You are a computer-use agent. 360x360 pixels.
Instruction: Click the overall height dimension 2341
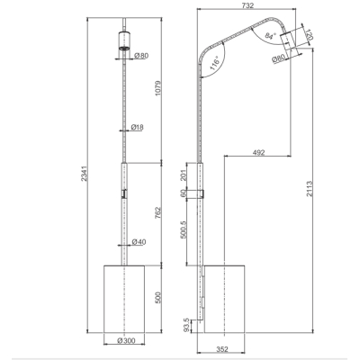(85, 174)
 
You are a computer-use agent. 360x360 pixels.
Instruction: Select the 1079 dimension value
(159, 88)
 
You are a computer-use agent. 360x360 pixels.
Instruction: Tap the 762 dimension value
(159, 212)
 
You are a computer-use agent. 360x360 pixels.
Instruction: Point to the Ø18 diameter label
(138, 127)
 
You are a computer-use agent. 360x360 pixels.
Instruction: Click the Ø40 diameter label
(139, 242)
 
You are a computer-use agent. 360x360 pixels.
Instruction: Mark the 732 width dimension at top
(247, 5)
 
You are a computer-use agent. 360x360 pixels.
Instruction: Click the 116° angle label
(215, 63)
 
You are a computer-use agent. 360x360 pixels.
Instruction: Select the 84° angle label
(270, 36)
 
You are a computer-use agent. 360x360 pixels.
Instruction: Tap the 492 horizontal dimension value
(258, 152)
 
